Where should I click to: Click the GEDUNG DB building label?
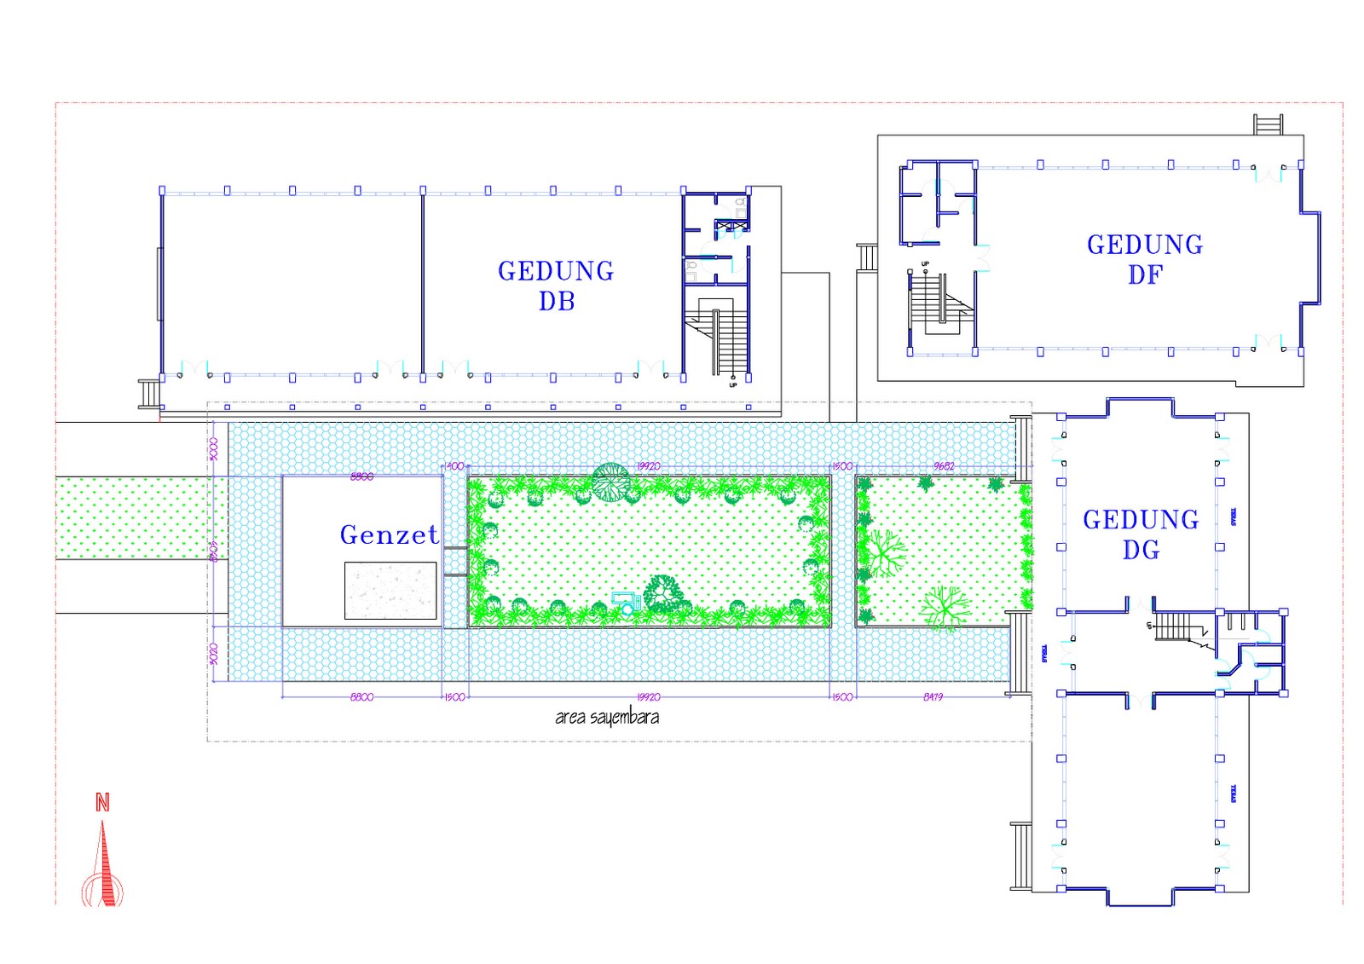point(556,286)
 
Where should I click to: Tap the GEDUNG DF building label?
point(1145,259)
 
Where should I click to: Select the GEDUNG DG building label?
point(1141,534)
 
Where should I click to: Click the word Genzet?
point(389,534)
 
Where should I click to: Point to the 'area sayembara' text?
point(606,717)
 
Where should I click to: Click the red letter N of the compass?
point(102,802)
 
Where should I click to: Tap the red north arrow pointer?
point(104,865)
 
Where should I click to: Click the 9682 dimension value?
point(944,466)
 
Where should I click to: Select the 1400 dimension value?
point(455,466)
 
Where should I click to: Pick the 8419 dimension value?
point(933,697)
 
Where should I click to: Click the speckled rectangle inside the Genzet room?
point(390,590)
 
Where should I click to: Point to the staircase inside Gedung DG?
point(1176,626)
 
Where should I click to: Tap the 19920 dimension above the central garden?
point(648,466)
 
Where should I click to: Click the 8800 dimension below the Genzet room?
point(361,697)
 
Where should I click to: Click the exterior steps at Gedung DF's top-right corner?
point(1268,124)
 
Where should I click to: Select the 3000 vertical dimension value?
point(214,448)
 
